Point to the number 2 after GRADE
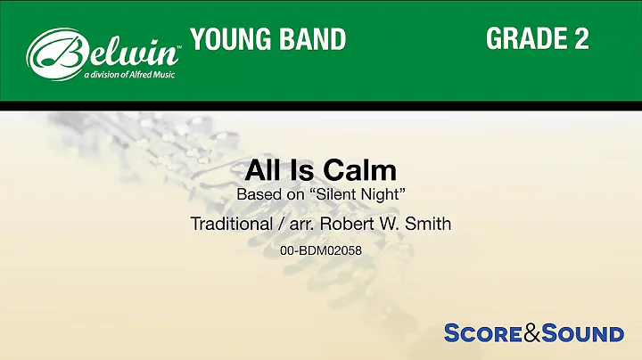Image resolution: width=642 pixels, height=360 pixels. click(x=580, y=39)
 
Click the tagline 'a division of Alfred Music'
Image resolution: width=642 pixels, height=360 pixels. click(x=130, y=75)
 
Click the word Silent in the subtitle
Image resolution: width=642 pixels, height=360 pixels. click(x=328, y=193)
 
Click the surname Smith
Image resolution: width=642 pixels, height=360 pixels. click(x=429, y=224)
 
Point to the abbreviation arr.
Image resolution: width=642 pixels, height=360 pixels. click(x=306, y=224)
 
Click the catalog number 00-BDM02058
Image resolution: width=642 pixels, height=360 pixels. click(x=321, y=252)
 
